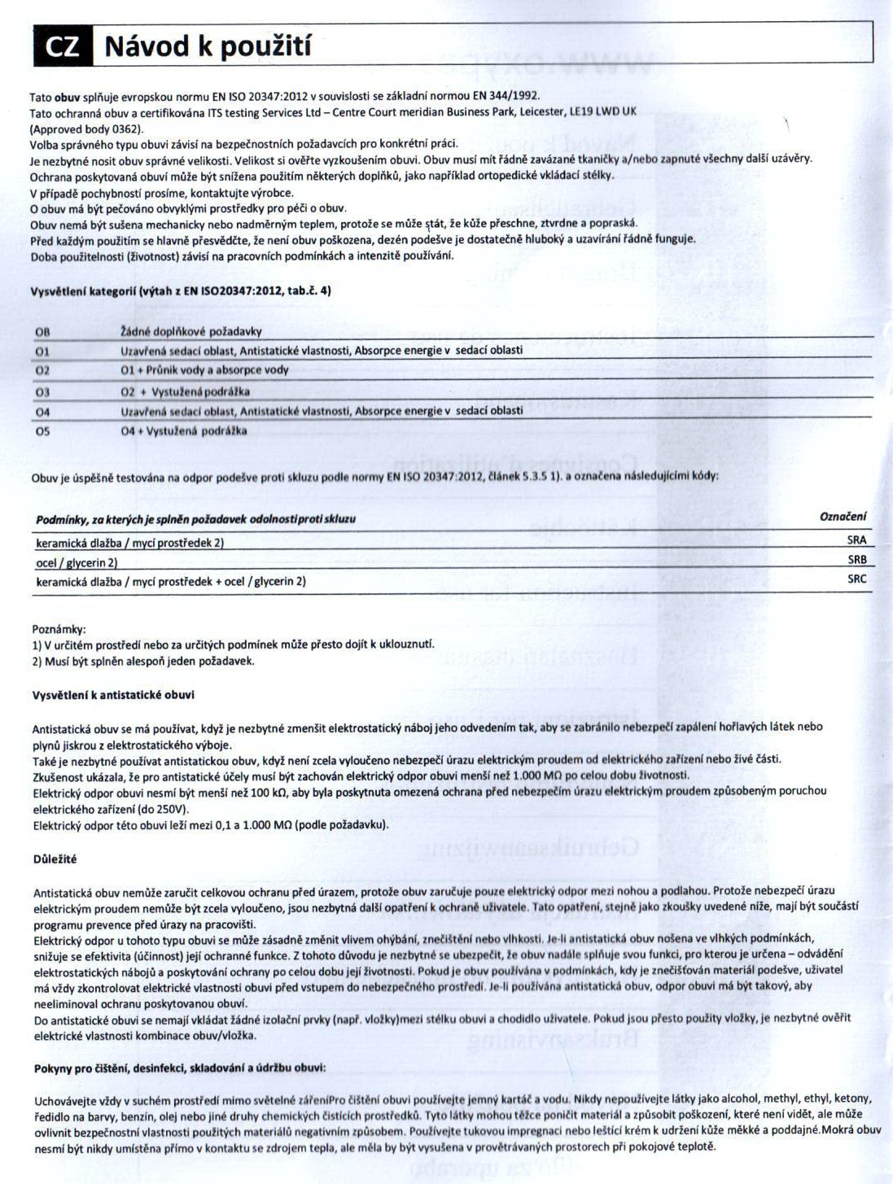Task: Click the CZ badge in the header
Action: coord(63,46)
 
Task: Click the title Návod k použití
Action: coord(208,46)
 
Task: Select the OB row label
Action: coord(42,332)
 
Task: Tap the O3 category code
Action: coord(42,392)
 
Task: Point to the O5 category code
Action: coord(42,431)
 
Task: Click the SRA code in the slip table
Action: coord(856,540)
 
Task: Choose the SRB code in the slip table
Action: coord(856,560)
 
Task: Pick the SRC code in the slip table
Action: coord(856,579)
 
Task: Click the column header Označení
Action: coord(843,516)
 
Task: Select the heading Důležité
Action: coord(55,859)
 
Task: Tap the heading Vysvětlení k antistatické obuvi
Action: coord(113,695)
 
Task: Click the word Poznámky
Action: coord(59,629)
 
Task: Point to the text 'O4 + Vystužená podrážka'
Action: coord(183,431)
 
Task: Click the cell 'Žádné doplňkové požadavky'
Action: coord(190,332)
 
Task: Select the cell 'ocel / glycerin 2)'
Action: coord(77,562)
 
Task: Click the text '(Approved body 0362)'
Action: coord(86,129)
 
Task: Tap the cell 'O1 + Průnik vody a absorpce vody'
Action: coord(204,370)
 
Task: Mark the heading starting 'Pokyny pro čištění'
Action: coord(180,1068)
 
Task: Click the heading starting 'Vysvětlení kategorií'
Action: coord(181,291)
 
